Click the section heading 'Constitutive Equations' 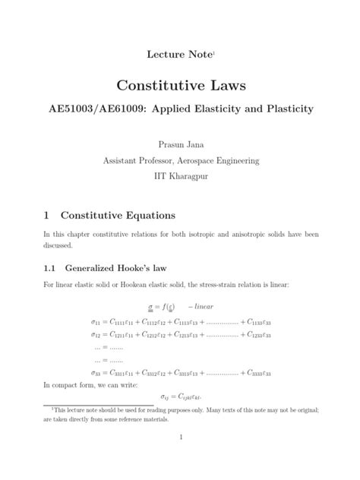[x=118, y=216]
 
